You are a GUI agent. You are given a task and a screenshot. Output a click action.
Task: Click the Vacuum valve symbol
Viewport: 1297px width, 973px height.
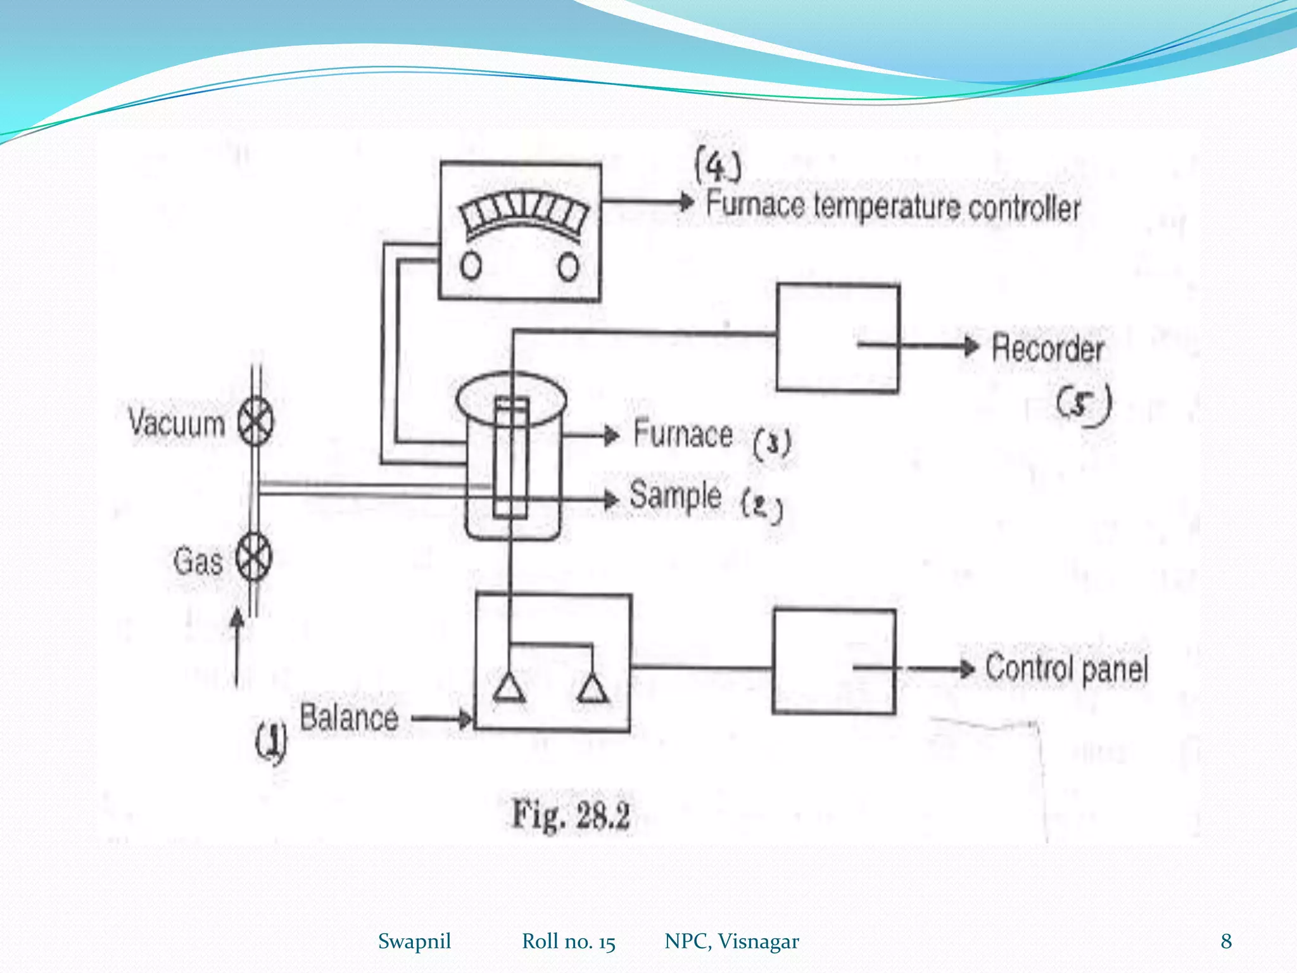tap(255, 422)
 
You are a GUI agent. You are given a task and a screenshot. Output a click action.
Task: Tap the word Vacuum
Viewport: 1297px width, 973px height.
tap(177, 423)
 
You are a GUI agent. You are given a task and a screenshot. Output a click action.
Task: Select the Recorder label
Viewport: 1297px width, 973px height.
tap(1047, 348)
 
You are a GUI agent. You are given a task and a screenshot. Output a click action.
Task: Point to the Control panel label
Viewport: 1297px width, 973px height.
tap(1066, 669)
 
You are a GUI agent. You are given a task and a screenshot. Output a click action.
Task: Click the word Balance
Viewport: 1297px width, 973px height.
tap(349, 718)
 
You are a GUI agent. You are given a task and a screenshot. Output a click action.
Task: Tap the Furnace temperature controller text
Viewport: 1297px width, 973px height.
tap(893, 207)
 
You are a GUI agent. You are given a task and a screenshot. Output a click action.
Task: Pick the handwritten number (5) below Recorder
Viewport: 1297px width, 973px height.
tap(1084, 405)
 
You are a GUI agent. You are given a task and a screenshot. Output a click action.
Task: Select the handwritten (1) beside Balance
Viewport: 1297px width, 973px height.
tap(271, 742)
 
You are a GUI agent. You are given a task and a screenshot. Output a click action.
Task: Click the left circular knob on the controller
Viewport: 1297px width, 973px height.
tap(471, 267)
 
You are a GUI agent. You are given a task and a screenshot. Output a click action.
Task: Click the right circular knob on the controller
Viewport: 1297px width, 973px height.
tap(568, 267)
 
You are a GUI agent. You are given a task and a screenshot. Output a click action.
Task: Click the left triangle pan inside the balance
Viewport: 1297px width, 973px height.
tap(509, 689)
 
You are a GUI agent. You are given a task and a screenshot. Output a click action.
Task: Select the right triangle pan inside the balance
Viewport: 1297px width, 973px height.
tap(593, 689)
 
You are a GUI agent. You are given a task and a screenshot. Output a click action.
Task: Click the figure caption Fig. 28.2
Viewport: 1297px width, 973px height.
tap(571, 815)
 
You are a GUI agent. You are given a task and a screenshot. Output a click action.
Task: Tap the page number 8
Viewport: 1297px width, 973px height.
tap(1226, 941)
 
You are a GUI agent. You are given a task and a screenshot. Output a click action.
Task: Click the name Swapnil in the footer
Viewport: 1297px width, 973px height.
tap(414, 941)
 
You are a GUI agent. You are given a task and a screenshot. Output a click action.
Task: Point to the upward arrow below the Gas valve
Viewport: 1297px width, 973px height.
tap(237, 646)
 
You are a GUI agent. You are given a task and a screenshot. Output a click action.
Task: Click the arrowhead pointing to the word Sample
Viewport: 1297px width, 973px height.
tap(611, 499)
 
